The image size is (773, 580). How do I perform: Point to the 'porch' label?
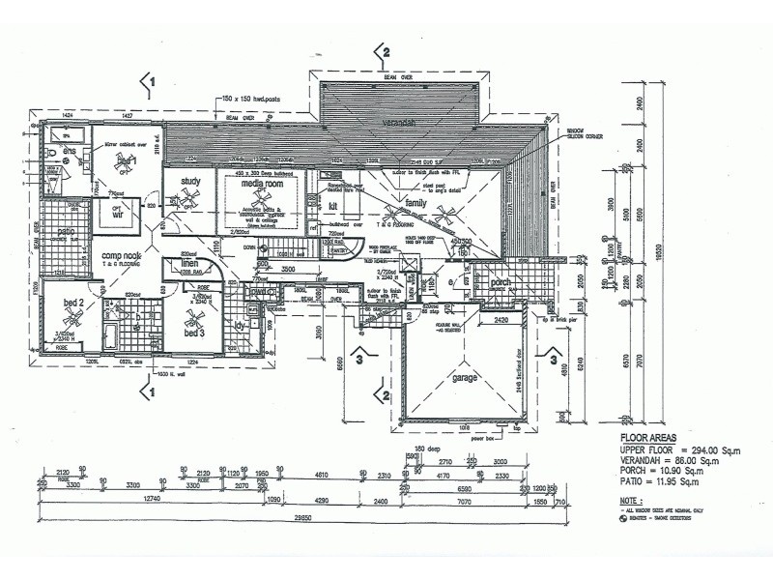point(499,285)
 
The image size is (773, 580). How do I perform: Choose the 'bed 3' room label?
point(196,333)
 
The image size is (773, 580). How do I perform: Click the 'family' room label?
point(415,204)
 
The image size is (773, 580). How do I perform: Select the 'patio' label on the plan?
point(65,232)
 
